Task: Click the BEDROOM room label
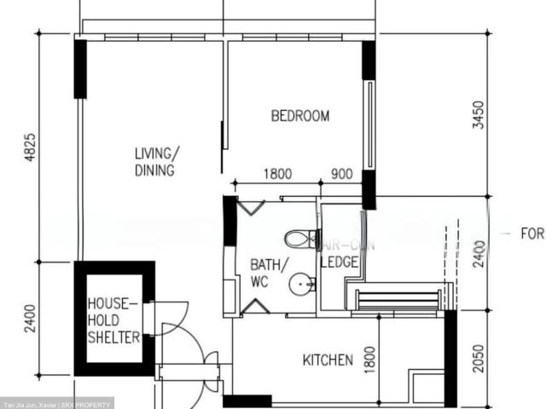(299, 117)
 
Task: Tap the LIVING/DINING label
(157, 162)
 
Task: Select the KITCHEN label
(328, 360)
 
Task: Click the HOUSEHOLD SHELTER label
(113, 320)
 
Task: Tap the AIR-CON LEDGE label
(340, 254)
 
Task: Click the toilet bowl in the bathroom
(300, 239)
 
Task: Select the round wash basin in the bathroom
(301, 284)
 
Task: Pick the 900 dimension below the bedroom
(341, 174)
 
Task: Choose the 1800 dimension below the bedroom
(277, 174)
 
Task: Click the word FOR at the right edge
(531, 233)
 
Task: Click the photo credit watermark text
(56, 404)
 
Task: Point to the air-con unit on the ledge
(398, 298)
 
